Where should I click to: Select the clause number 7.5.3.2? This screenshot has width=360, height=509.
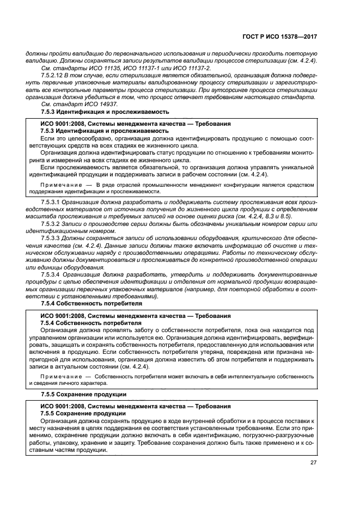50,223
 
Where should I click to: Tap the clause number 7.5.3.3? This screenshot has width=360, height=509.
50,238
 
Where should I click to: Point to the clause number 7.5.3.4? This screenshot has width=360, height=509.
50,275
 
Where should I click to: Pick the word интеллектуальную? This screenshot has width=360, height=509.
251,376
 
